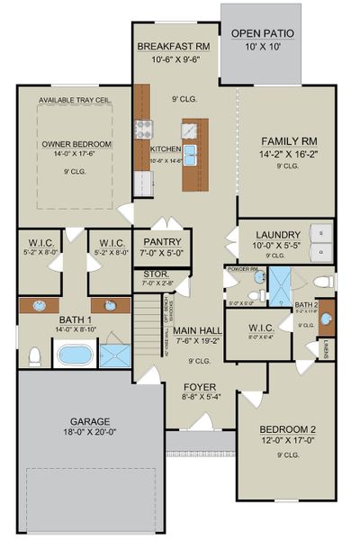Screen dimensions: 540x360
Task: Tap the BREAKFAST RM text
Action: pyautogui.click(x=173, y=46)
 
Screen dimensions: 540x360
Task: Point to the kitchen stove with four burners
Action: pyautogui.click(x=142, y=129)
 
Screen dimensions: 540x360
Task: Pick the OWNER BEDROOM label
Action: pyautogui.click(x=76, y=144)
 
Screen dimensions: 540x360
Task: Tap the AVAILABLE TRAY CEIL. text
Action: pyautogui.click(x=75, y=102)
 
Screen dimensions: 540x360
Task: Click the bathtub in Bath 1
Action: pyautogui.click(x=77, y=355)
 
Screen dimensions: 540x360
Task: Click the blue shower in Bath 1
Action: pyautogui.click(x=114, y=355)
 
